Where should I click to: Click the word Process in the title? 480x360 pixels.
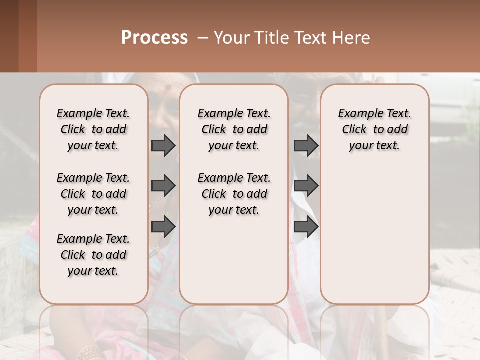(x=154, y=38)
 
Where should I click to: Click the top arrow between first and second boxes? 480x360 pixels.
(x=163, y=146)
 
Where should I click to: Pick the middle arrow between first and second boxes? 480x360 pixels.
(x=163, y=186)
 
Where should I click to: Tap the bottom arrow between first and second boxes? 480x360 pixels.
(x=163, y=226)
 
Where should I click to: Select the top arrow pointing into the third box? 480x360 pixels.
(x=306, y=146)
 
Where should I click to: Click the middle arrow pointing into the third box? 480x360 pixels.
(x=306, y=186)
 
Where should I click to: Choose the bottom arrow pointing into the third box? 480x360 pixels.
(x=306, y=226)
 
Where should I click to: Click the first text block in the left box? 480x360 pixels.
(x=93, y=129)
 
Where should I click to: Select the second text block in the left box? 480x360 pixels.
(x=93, y=194)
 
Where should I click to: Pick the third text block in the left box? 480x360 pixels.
(x=93, y=255)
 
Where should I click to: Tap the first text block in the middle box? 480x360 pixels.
(x=234, y=129)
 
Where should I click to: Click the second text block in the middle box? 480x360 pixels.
(x=234, y=194)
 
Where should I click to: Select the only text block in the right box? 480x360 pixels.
(x=374, y=129)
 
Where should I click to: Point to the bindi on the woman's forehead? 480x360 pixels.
(x=168, y=88)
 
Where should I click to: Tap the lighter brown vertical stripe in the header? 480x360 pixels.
(x=28, y=36)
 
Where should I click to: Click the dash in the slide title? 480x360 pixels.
(x=203, y=38)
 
